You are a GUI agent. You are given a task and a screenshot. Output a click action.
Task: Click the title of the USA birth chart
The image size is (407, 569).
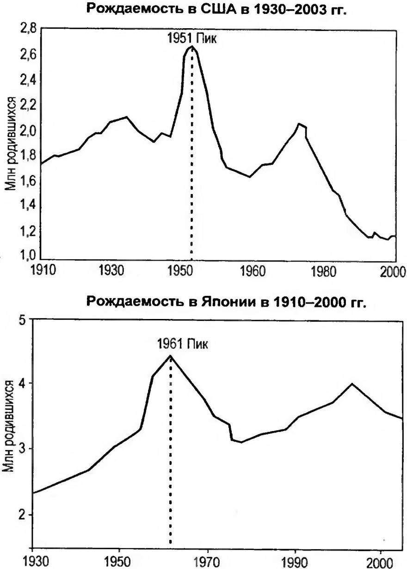(216, 10)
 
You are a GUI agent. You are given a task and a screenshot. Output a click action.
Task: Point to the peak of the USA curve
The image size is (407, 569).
(191, 47)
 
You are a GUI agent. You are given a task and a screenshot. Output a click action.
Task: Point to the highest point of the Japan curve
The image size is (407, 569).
(171, 356)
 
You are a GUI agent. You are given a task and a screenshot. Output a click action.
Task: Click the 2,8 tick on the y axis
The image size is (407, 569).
(29, 29)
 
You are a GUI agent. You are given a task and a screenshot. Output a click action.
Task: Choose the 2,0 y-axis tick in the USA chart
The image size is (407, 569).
(29, 130)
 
